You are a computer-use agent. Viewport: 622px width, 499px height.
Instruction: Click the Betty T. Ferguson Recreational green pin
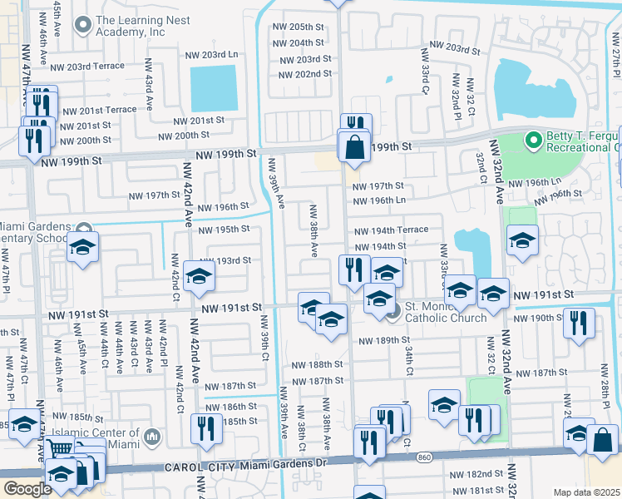click(x=533, y=141)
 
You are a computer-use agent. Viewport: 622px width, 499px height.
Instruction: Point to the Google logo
click(x=27, y=489)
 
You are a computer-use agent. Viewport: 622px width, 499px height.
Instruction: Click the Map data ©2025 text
click(x=586, y=492)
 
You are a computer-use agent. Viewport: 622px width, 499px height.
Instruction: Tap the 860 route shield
click(x=425, y=458)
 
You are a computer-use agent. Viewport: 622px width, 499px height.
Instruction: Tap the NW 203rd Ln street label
click(x=211, y=55)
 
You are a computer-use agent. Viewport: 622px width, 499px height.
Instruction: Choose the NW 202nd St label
click(x=306, y=74)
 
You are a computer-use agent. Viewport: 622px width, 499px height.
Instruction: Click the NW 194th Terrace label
click(x=390, y=230)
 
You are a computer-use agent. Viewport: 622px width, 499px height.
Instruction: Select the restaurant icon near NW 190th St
click(x=579, y=321)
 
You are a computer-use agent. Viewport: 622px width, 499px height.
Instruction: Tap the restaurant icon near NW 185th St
click(x=205, y=427)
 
